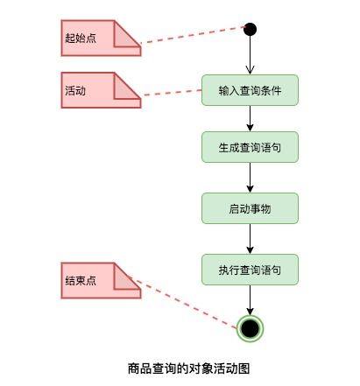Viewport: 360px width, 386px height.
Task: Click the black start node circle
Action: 250,29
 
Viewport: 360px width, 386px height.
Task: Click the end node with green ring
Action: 250,328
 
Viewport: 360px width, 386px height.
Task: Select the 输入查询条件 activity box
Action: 250,90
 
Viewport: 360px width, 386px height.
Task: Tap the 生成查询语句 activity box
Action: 250,147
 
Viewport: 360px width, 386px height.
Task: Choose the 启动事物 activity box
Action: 250,208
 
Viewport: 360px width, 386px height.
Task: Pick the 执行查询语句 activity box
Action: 250,270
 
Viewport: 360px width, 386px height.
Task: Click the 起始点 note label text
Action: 81,39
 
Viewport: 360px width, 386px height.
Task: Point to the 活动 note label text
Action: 75,91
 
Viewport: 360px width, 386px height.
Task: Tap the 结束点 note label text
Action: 81,281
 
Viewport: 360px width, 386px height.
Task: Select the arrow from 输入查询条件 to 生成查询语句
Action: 250,118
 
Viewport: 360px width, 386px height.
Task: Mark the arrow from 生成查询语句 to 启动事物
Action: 250,178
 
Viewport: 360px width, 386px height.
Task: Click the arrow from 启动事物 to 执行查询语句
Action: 250,239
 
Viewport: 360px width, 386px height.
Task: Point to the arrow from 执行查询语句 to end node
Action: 250,300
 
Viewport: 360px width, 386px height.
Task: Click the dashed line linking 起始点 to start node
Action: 193,35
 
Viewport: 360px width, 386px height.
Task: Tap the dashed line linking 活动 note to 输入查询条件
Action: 172,93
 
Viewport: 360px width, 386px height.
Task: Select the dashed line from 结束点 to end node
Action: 182,303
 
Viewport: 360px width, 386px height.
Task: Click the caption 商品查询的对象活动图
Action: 188,368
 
